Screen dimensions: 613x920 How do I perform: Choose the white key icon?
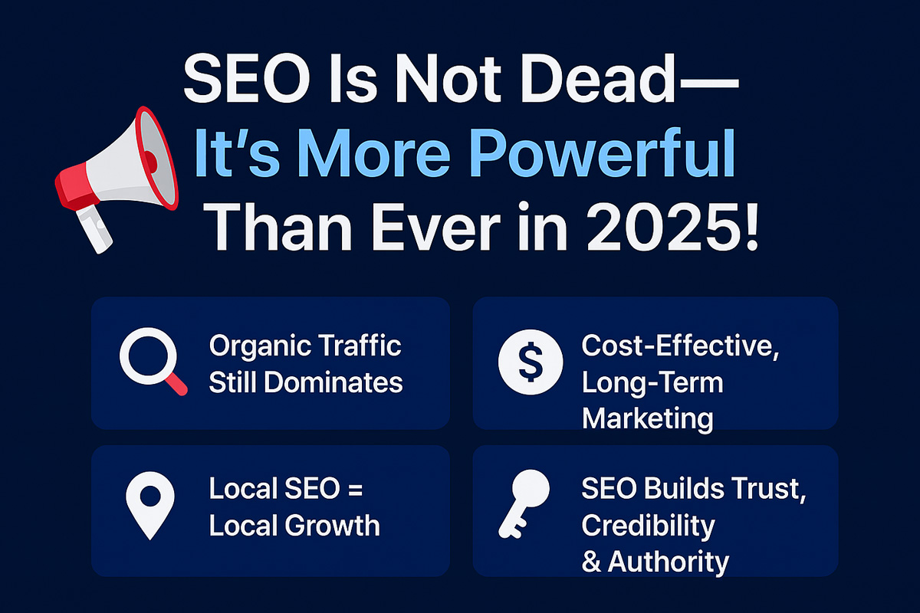coord(526,503)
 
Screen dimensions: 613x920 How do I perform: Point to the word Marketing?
coord(648,418)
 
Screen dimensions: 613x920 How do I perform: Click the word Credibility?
coord(648,526)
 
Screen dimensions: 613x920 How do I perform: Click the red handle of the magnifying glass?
coord(177,385)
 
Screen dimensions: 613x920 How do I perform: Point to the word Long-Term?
coord(652,382)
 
